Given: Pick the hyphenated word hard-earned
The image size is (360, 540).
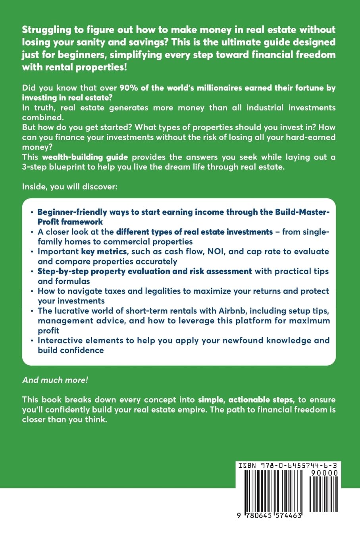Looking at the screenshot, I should click(x=305, y=137).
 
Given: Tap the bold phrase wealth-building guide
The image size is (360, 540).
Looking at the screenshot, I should click(x=85, y=157).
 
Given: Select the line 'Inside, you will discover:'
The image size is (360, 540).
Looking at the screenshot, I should click(x=70, y=187).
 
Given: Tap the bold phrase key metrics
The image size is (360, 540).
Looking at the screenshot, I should click(x=104, y=252).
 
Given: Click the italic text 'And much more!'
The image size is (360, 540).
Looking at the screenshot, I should click(x=55, y=380).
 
